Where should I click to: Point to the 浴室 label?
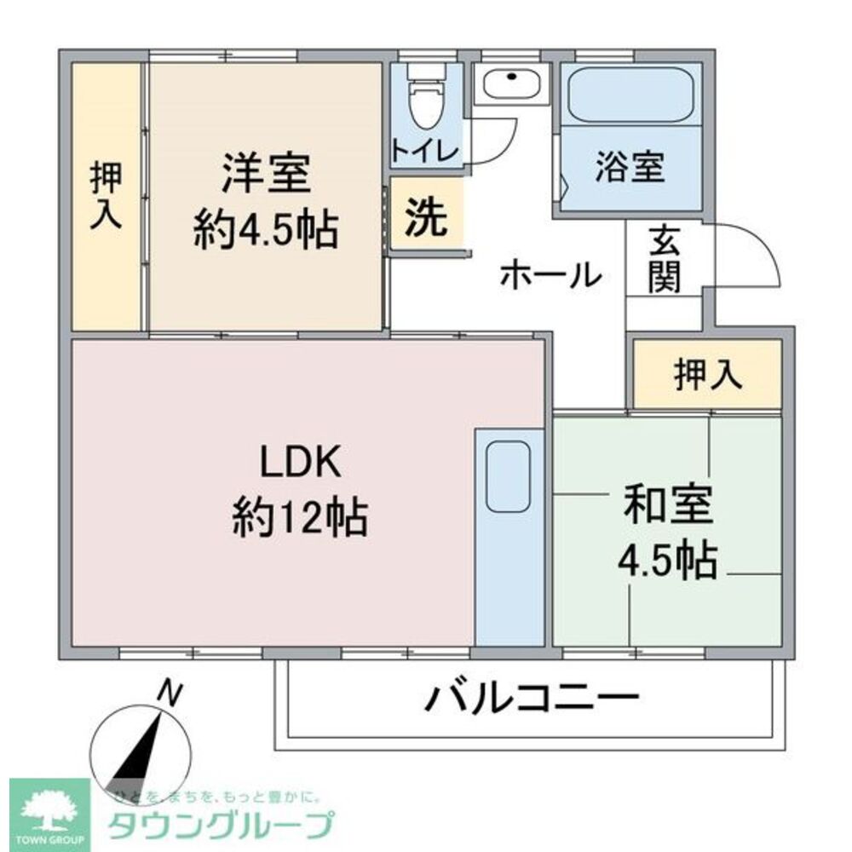630,168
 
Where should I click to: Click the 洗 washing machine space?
425,218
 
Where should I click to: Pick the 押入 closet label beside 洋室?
106,195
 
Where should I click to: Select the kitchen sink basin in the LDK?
509,476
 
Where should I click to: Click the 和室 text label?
667,506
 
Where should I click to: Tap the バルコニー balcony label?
532,699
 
